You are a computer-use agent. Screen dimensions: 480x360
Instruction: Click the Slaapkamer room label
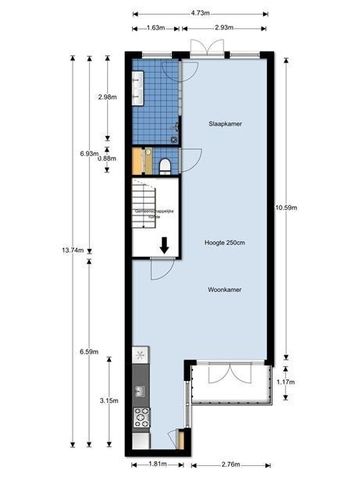[225, 124]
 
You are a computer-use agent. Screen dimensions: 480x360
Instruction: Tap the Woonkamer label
[225, 290]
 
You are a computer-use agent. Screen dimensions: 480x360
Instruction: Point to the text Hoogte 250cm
[225, 243]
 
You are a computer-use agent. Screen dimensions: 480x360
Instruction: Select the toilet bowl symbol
[163, 164]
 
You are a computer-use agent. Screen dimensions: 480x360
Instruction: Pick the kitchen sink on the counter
[140, 355]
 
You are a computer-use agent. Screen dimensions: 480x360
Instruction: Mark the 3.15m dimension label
[109, 401]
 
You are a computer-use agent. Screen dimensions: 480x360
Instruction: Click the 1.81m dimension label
[152, 465]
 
